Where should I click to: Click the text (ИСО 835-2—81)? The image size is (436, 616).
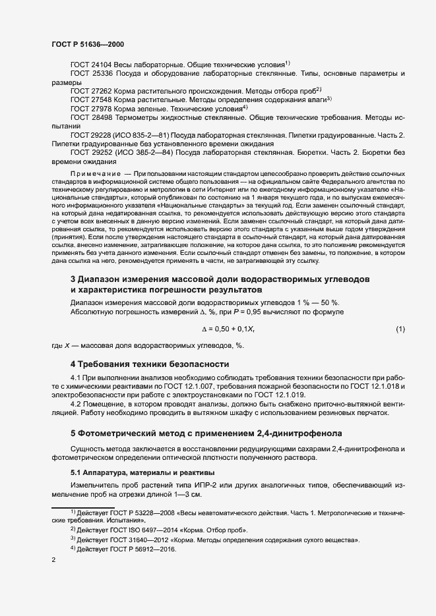pos(144,134)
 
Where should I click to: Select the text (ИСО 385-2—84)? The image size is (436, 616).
pos(144,152)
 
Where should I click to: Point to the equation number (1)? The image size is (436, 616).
pos(400,329)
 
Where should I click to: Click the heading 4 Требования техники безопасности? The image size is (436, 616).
pos(150,364)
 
